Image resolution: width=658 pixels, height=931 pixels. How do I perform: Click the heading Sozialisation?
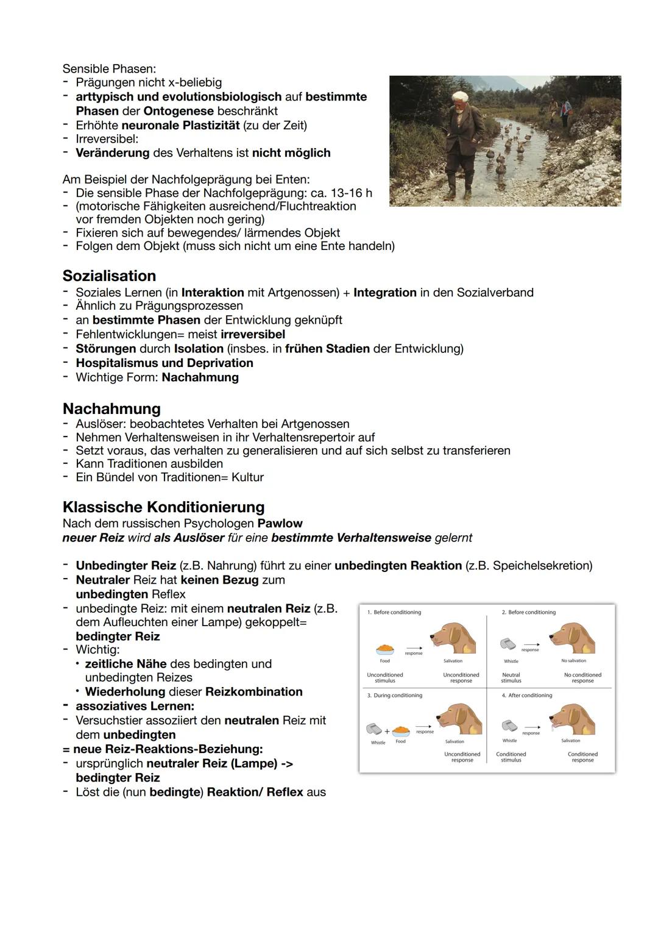tap(109, 276)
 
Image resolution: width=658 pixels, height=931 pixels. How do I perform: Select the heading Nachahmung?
tap(111, 408)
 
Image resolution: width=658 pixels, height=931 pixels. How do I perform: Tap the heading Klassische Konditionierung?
tap(163, 507)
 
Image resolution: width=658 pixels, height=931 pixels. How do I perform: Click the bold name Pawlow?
tap(280, 523)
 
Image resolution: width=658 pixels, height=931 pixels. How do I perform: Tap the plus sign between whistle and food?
tap(387, 731)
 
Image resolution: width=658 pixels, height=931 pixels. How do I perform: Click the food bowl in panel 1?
tap(384, 650)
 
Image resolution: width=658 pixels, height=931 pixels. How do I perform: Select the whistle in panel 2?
tap(508, 644)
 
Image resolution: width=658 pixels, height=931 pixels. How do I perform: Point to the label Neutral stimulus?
tap(511, 677)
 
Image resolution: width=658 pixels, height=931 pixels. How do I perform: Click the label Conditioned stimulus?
tap(511, 757)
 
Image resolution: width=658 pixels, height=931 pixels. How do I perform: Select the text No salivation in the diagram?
tap(573, 661)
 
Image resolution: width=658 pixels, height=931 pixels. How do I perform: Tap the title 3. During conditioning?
tap(394, 695)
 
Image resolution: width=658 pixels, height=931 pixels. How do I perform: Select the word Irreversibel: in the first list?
tap(107, 139)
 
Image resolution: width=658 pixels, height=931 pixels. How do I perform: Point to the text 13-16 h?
tap(351, 193)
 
